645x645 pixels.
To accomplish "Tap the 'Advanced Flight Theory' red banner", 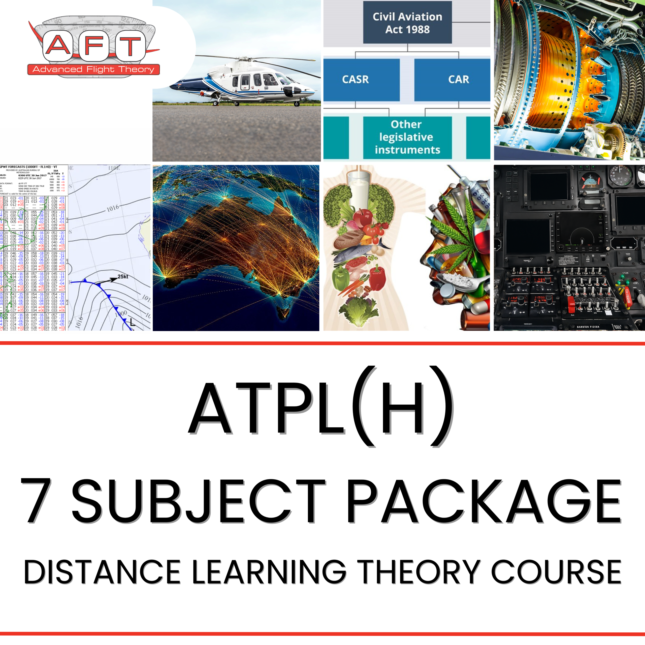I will pos(93,70).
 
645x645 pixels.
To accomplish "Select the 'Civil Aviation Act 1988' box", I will pos(407,23).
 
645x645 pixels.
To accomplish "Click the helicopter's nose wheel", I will pos(297,104).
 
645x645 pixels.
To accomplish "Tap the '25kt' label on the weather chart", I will pos(122,276).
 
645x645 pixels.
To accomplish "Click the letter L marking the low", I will pos(133,322).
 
